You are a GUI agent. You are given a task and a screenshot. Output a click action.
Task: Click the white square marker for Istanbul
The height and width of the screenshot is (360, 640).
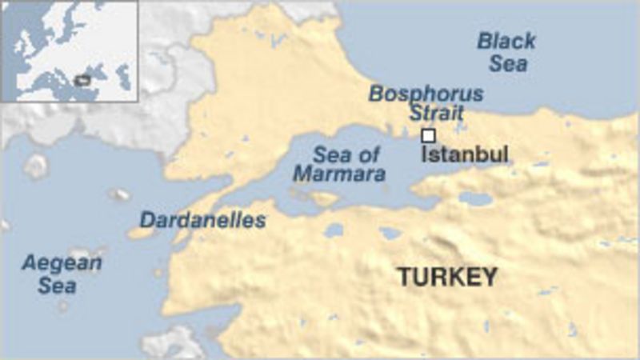point(428,135)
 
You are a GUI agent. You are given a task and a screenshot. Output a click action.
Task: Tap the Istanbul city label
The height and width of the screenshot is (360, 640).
point(465,154)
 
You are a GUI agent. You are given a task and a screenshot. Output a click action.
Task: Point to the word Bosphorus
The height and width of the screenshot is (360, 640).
point(426,94)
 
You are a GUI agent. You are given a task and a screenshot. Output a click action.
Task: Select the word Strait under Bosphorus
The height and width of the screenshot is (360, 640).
point(437,112)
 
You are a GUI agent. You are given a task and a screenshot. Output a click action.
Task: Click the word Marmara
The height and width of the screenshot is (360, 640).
point(338,173)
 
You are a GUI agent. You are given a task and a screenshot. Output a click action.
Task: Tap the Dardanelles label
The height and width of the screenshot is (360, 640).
point(203,220)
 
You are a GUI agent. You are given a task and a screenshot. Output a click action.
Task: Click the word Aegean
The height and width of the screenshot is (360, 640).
point(62,263)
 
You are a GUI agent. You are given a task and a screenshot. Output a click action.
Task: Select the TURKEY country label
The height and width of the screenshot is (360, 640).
point(448,278)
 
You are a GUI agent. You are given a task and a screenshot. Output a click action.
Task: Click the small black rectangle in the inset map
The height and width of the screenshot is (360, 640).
point(81,80)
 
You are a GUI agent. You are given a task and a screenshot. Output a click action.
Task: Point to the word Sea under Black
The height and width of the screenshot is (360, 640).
point(509,63)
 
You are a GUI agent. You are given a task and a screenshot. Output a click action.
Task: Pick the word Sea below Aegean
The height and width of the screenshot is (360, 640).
point(57,285)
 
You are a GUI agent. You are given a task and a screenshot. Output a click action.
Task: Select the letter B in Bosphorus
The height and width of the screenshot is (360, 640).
point(375,94)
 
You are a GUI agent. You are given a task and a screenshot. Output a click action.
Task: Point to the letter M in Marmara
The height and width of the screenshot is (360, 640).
point(302,173)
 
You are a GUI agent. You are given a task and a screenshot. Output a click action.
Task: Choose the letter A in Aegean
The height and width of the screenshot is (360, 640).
point(30,263)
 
